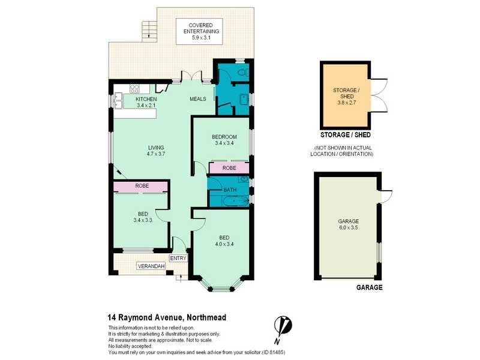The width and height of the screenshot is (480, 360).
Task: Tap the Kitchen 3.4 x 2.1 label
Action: click(146, 102)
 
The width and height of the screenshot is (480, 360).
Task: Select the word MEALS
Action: click(198, 99)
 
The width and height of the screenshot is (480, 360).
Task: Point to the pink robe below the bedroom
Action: click(229, 169)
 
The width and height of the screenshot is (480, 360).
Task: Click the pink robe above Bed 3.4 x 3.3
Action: click(142, 187)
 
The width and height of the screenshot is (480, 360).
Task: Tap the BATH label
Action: click(230, 190)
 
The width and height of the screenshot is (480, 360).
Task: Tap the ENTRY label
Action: click(178, 258)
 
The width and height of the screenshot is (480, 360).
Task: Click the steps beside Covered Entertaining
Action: click(148, 28)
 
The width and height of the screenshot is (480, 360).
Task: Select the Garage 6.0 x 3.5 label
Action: click(348, 224)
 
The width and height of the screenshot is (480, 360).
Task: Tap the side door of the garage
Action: click(385, 195)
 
